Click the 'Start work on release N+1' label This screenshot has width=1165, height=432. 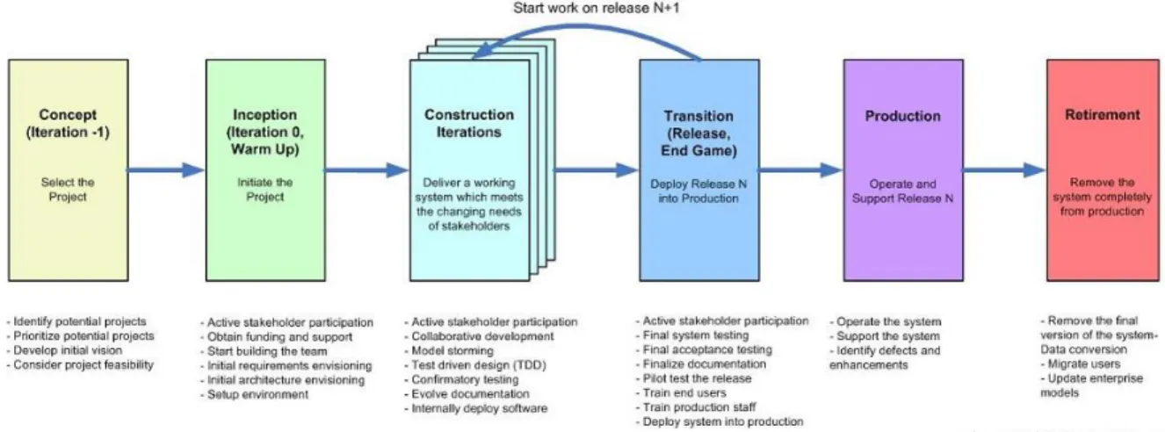point(596,8)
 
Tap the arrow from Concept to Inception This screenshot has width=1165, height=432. point(166,170)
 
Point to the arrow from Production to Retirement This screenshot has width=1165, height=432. point(1003,170)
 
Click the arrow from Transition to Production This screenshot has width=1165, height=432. point(800,170)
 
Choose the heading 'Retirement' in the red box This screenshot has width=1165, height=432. point(1102,115)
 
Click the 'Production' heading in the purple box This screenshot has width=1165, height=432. point(903,116)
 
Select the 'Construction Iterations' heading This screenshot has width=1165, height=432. point(469,123)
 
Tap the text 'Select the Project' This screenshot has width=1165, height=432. point(68,190)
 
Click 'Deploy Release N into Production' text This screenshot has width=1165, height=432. point(698,191)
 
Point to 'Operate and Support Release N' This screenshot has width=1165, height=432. point(903,191)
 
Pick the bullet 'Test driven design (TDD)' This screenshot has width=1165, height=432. point(475,365)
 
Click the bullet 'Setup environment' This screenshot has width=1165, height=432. point(254,394)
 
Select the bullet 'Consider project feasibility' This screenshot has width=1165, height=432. point(81,365)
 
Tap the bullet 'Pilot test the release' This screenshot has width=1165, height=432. point(694,378)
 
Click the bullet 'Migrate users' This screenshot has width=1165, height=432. point(1081,364)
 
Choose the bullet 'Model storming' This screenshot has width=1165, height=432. point(449,351)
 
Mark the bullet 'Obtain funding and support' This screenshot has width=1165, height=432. point(277,337)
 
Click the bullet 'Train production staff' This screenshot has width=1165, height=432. point(696,407)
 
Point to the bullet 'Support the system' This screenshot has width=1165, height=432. point(885,336)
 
